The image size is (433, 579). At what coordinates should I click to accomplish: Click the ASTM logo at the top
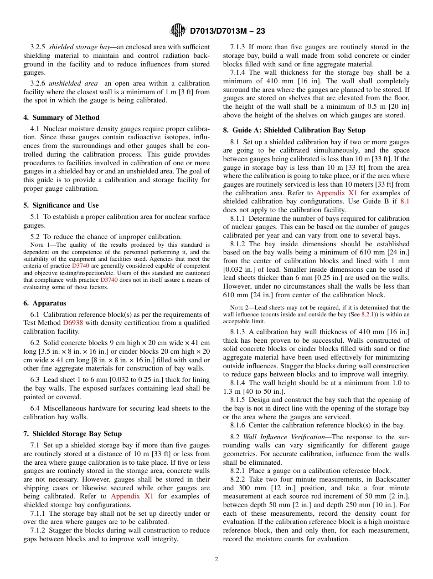point(178,30)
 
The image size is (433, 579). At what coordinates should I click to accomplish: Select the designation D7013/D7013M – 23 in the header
point(227,31)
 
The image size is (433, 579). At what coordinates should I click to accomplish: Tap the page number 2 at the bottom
point(216,559)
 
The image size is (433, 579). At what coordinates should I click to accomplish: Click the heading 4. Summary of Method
point(61,117)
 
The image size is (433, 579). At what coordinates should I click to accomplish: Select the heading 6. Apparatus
point(45,303)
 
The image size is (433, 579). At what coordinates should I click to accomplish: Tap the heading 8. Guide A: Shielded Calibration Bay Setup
point(294,130)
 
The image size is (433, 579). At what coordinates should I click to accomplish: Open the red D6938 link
point(73,323)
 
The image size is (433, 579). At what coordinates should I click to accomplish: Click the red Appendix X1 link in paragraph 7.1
point(132,496)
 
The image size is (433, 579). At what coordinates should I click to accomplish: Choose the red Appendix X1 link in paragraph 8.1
point(337,193)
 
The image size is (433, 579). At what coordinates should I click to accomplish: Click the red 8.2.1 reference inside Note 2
point(368,315)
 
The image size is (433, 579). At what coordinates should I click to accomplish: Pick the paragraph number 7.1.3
point(238,47)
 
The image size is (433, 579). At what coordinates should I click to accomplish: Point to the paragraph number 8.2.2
point(238,480)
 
